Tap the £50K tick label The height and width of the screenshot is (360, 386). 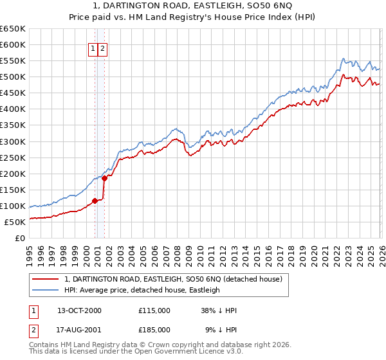15,222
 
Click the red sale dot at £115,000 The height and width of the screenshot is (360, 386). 95,201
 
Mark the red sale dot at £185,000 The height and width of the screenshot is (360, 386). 104,178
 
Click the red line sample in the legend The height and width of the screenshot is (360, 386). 46,280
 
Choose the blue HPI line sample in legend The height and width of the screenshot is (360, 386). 46,290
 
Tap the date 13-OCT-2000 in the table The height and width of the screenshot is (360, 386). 79,310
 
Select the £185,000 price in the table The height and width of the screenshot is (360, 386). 154,329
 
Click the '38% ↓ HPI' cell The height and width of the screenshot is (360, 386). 219,310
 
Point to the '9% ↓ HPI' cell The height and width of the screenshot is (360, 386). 221,329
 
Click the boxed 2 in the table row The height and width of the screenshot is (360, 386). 33,329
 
